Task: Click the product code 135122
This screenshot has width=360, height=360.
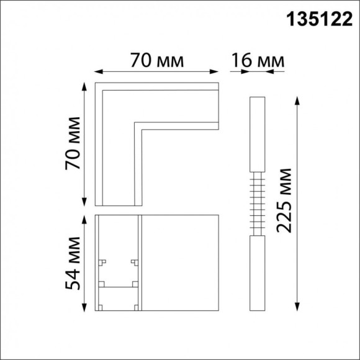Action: pos(318,20)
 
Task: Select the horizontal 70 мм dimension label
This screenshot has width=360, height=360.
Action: pos(157,61)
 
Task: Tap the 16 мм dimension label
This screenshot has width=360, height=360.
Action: pos(258,61)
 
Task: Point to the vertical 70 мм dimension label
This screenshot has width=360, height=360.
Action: pos(73,143)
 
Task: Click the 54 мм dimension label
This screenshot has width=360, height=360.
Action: pos(73,263)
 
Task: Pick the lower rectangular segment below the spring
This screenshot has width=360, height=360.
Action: pos(257,273)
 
